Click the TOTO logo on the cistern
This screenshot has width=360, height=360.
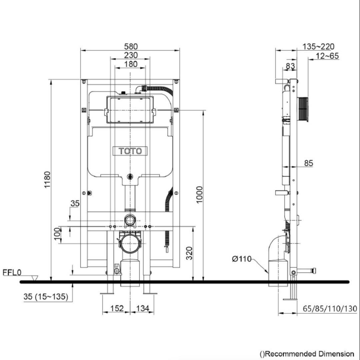(x=130, y=151)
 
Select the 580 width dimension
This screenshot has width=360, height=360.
(x=130, y=46)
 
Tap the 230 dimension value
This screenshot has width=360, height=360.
(x=130, y=55)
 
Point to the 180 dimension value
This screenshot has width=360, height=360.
(x=130, y=64)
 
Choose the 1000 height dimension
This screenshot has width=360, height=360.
(x=199, y=195)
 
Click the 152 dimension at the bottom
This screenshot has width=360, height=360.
(x=117, y=309)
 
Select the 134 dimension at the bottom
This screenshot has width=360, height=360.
(x=143, y=309)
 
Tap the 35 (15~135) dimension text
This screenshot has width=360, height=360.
(x=46, y=297)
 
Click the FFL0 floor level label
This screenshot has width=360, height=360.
(x=12, y=272)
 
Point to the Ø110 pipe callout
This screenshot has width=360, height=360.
(x=242, y=259)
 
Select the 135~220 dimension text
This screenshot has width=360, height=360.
(x=318, y=47)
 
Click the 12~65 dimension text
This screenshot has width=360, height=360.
(x=327, y=56)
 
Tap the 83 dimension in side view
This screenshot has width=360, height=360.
(x=290, y=66)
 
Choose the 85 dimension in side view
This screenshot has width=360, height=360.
(x=308, y=163)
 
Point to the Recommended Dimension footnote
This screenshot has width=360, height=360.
(x=307, y=353)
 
